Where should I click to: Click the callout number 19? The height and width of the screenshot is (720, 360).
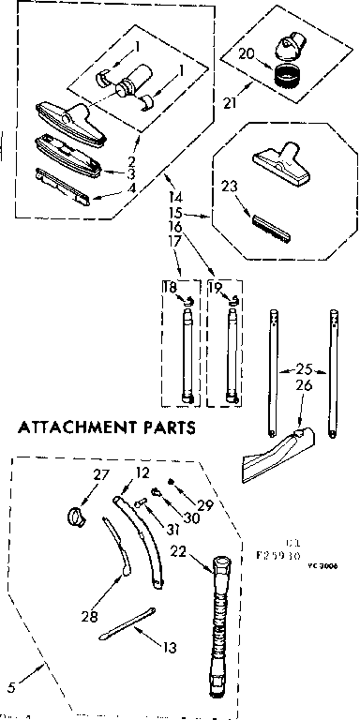(x=214, y=289)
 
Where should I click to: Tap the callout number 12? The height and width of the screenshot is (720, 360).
(x=142, y=473)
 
